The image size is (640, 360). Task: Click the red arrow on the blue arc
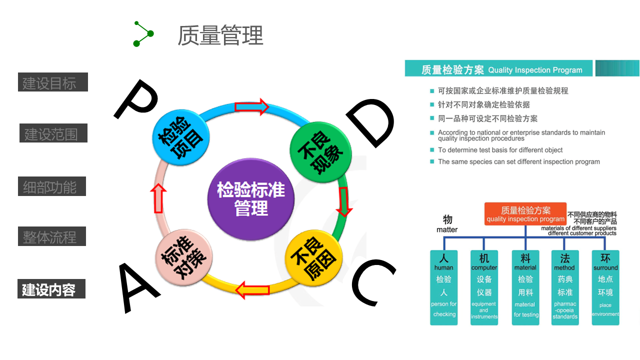pyautogui.click(x=251, y=107)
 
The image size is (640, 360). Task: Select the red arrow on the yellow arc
pyautogui.click(x=252, y=289)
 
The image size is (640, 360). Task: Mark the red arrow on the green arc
pyautogui.click(x=344, y=201)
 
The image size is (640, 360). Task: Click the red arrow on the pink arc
pyautogui.click(x=158, y=198)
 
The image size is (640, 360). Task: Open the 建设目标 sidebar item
pyautogui.click(x=52, y=82)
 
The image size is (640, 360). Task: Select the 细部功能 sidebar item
pyautogui.click(x=51, y=186)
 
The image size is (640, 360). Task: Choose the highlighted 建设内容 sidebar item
pyautogui.click(x=51, y=289)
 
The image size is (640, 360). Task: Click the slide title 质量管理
pyautogui.click(x=220, y=35)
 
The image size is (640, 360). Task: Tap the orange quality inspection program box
pyautogui.click(x=525, y=214)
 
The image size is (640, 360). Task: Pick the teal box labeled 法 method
pyautogui.click(x=565, y=287)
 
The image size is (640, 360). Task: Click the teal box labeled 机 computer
pyautogui.click(x=484, y=287)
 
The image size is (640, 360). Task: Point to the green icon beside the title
pyautogui.click(x=143, y=33)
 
